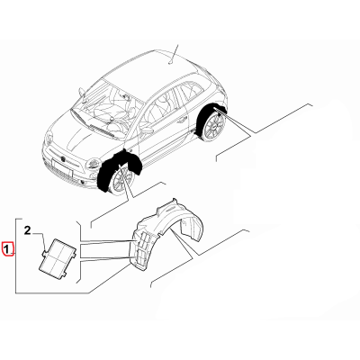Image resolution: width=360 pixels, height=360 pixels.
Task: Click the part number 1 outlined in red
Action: pyautogui.click(x=7, y=248)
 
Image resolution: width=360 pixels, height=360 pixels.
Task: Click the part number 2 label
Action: pyautogui.click(x=27, y=230)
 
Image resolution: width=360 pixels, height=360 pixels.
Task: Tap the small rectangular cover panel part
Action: pyautogui.click(x=58, y=256)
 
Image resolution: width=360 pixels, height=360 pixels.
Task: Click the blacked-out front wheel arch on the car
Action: pyautogui.click(x=120, y=169)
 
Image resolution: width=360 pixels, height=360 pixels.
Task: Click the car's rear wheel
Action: pyautogui.click(x=213, y=128)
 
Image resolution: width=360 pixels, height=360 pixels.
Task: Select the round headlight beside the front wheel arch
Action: pyautogui.click(x=94, y=164)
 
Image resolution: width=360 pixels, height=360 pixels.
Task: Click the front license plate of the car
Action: pyautogui.click(x=62, y=167)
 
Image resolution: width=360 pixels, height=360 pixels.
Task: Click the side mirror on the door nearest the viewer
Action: pyautogui.click(x=147, y=130)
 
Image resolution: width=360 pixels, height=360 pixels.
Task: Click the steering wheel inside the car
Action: pyautogui.click(x=119, y=123)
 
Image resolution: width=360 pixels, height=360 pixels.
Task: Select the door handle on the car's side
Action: pyautogui.click(x=181, y=121)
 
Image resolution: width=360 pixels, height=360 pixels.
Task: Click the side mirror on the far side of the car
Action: pyautogui.click(x=82, y=92)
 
